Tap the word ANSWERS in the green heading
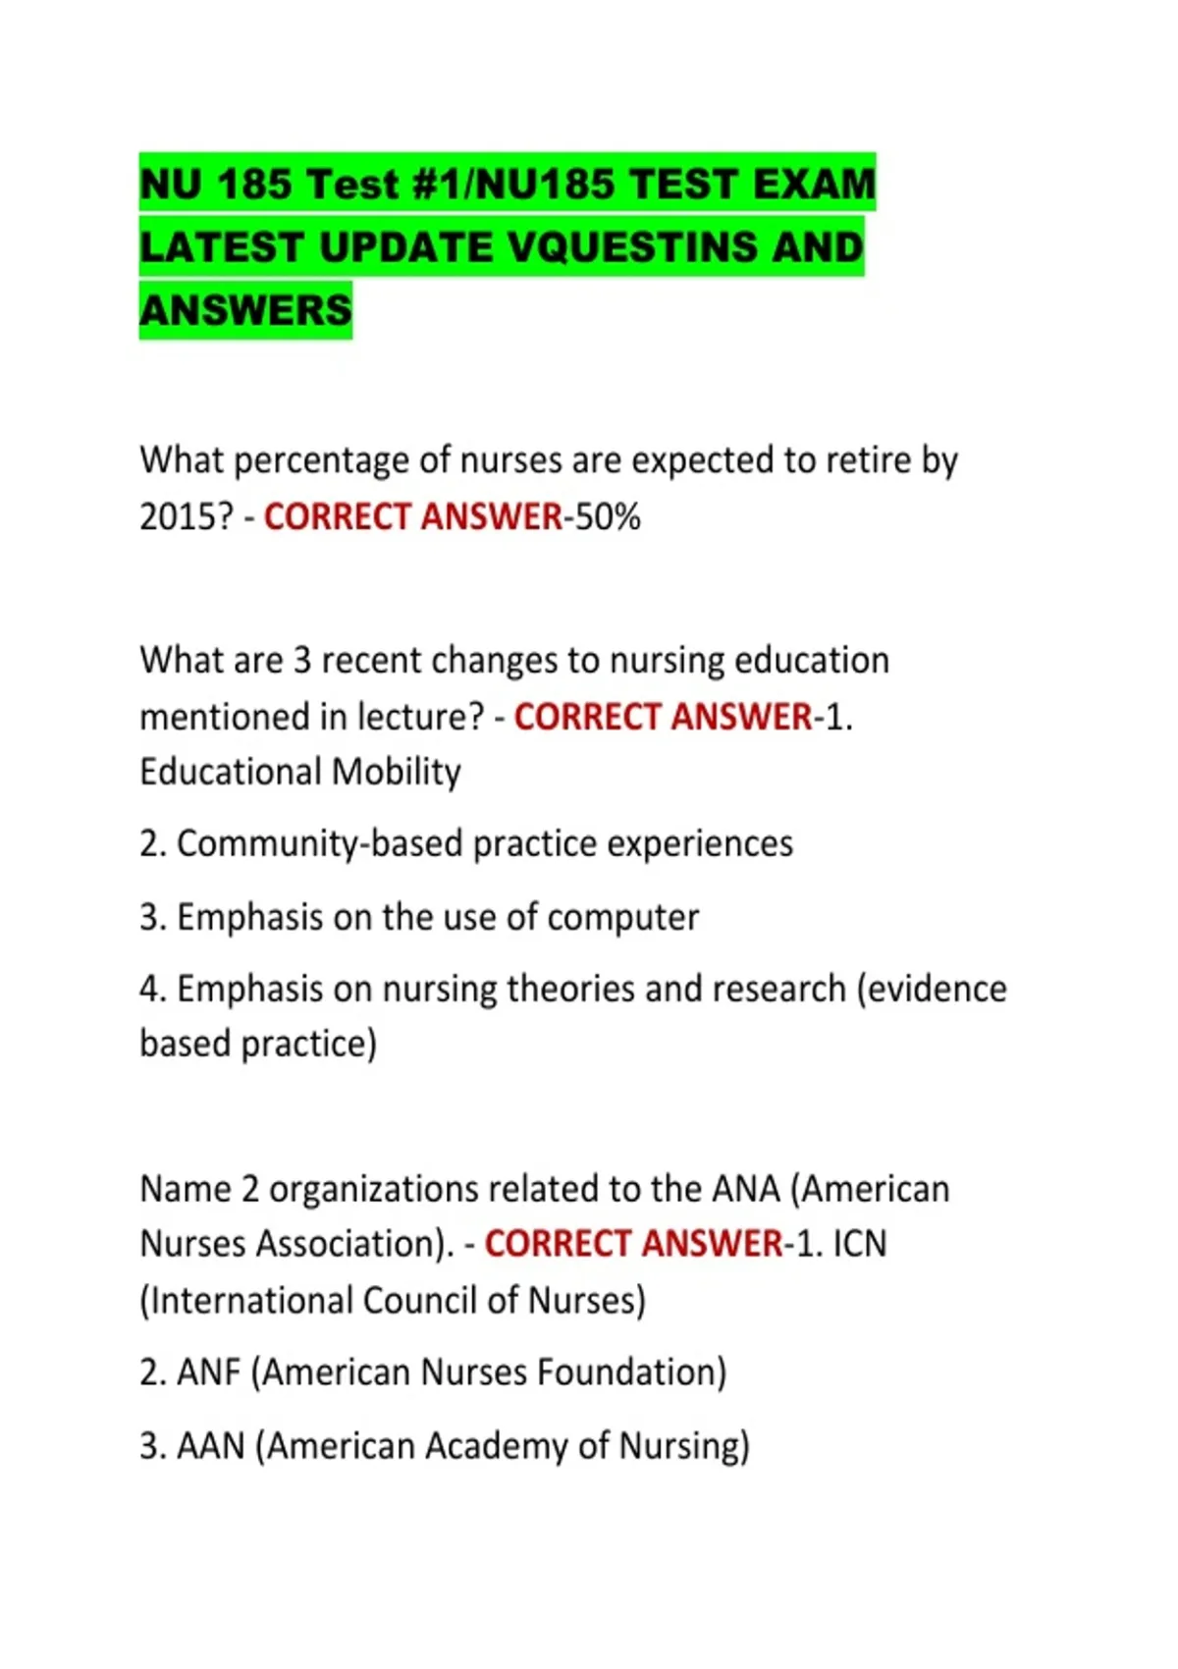245,310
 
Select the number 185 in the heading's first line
253,184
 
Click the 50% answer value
608,516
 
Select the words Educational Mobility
299,772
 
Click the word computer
622,917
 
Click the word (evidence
932,989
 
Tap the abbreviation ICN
860,1244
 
